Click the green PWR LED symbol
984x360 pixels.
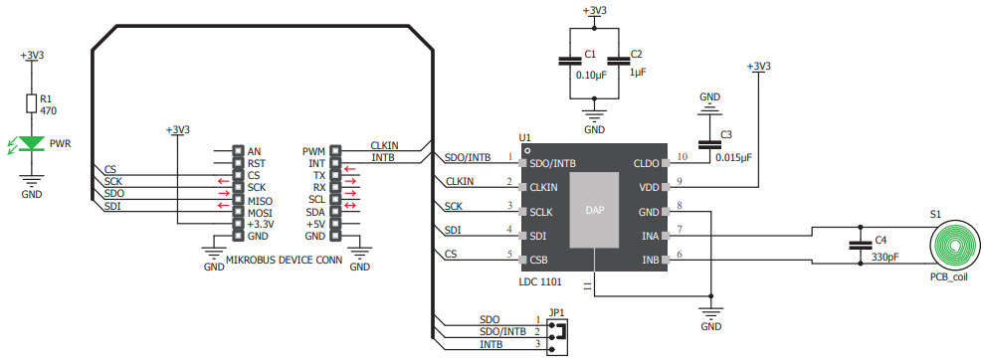pos(33,143)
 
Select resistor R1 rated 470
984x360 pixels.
pos(33,105)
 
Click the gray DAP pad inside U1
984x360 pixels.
pos(595,212)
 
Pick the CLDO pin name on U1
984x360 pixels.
pos(647,162)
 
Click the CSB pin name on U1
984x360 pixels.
pos(540,261)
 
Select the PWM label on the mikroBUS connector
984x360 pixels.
pos(313,151)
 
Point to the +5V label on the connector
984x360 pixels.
pos(314,224)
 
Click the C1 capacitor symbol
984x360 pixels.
pos(569,60)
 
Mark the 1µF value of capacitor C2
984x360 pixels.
pos(638,72)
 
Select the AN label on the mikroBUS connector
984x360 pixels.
pos(254,151)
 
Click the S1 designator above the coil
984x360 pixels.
pos(935,214)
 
